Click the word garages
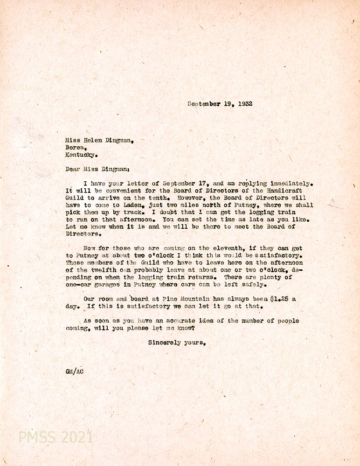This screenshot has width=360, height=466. point(111,284)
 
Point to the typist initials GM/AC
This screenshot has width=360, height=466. point(75,371)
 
